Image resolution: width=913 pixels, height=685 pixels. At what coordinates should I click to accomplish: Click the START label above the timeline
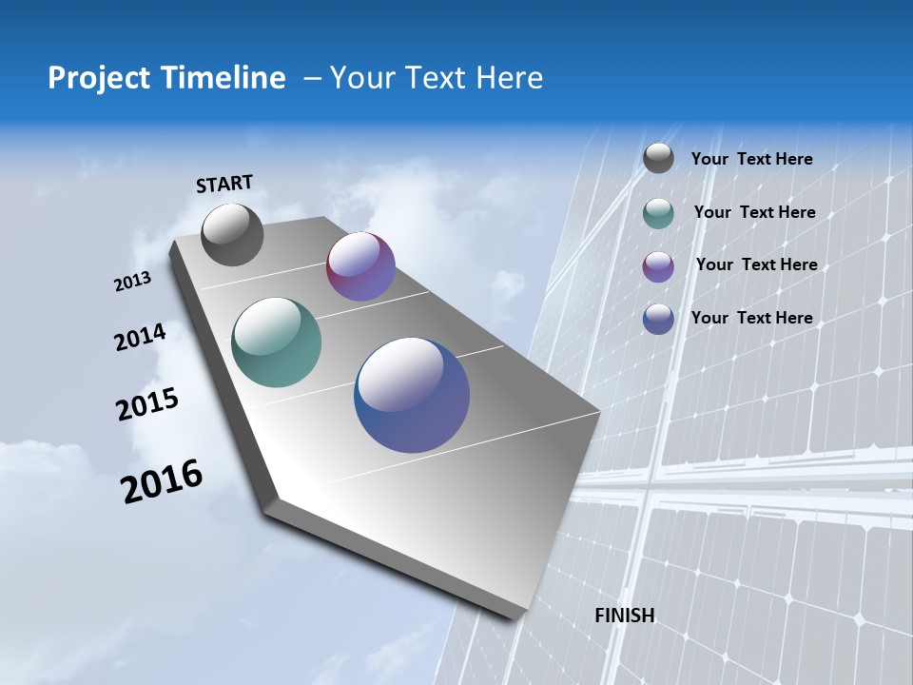click(x=224, y=183)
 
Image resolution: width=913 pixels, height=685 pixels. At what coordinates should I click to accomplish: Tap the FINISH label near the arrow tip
click(x=625, y=616)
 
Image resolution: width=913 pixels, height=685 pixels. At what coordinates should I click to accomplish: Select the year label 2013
click(x=132, y=282)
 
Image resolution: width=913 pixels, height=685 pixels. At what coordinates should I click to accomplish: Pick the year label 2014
click(x=140, y=338)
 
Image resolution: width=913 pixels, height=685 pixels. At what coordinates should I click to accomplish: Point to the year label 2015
click(x=147, y=404)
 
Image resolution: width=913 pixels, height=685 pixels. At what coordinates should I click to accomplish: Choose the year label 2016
click(x=162, y=481)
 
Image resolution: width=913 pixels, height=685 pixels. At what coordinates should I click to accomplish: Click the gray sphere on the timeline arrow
click(x=232, y=234)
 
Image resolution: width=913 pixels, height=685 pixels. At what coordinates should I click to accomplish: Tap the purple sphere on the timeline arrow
click(x=360, y=266)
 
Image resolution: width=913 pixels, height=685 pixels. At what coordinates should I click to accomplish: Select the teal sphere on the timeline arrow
click(x=276, y=342)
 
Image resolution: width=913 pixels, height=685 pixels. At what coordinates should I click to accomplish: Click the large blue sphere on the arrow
click(x=412, y=395)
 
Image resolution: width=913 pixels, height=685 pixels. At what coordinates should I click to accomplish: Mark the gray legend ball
click(x=658, y=159)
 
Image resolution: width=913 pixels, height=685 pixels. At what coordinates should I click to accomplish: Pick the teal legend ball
click(x=658, y=213)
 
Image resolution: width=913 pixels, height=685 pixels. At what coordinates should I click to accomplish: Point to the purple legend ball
click(x=658, y=266)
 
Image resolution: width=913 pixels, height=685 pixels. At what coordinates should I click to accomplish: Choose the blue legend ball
click(x=658, y=319)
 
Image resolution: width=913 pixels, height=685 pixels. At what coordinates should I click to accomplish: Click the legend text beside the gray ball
click(x=751, y=159)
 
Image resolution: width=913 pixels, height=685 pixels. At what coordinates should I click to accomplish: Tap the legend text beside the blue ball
click(x=751, y=318)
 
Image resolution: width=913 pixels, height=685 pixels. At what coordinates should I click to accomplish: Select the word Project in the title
click(x=99, y=78)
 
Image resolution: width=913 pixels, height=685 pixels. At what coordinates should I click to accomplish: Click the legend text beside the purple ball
click(x=756, y=264)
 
